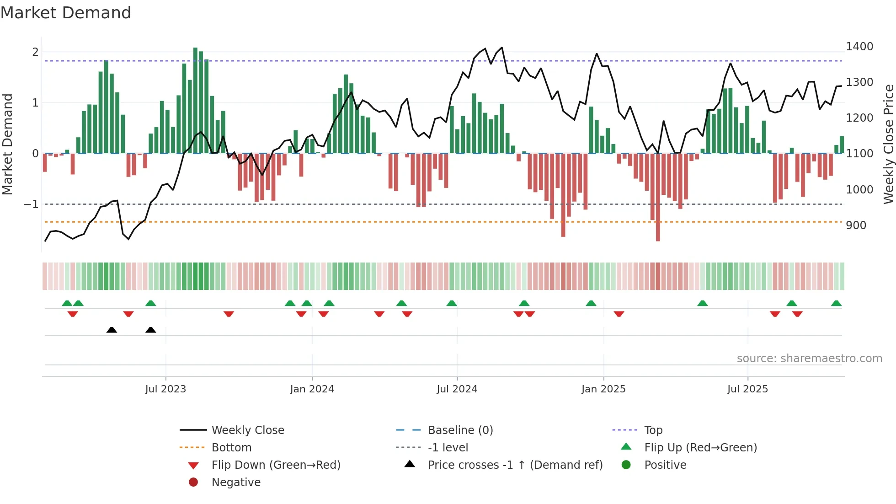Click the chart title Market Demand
(66, 13)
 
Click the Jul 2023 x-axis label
(165, 389)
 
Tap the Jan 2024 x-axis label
(312, 389)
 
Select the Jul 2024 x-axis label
(457, 389)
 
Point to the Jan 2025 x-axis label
(603, 389)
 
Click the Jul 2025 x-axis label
(747, 389)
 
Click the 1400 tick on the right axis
(859, 47)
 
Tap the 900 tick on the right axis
(856, 225)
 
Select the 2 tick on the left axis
(35, 52)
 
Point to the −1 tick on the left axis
(32, 204)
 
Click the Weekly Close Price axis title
(888, 144)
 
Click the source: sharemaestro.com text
(809, 359)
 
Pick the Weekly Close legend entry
(247, 430)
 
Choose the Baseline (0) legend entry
(460, 430)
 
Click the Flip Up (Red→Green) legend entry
(700, 448)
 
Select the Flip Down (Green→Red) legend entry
(276, 465)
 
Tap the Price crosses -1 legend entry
(515, 465)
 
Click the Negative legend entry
(236, 483)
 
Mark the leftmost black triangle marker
(112, 330)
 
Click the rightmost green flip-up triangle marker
(836, 303)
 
